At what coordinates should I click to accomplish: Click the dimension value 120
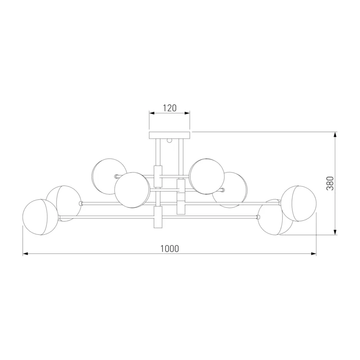(x=170, y=108)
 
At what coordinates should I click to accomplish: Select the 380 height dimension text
(x=330, y=184)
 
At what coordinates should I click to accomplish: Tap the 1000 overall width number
(x=170, y=249)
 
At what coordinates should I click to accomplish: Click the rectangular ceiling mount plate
(x=170, y=135)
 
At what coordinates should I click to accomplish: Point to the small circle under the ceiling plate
(x=170, y=140)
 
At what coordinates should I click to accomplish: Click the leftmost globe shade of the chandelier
(x=40, y=217)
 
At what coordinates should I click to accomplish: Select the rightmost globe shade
(x=299, y=203)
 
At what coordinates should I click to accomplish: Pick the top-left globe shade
(x=109, y=176)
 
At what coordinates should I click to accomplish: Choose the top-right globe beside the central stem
(x=207, y=176)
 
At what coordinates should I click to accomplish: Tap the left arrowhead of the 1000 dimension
(x=25, y=254)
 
